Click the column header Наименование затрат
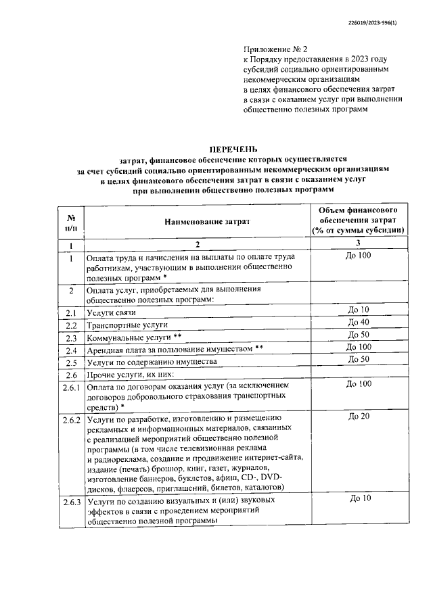click(197, 221)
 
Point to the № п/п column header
click(70, 221)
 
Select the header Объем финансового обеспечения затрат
click(358, 220)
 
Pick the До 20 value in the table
click(358, 416)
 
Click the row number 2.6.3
click(71, 502)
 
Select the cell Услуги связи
click(111, 313)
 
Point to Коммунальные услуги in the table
click(135, 338)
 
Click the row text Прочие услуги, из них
click(131, 375)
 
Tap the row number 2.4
click(71, 350)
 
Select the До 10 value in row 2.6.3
click(358, 498)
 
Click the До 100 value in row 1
click(358, 255)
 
